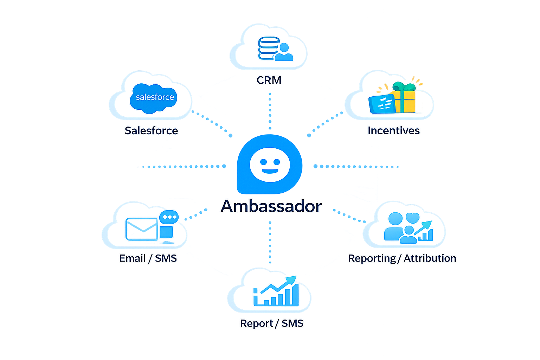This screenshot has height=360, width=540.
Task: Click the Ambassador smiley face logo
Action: [x=270, y=165]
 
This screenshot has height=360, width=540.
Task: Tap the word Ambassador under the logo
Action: [x=271, y=206]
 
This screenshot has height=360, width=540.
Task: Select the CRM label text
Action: [x=269, y=80]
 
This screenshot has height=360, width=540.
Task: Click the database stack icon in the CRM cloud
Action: [x=268, y=48]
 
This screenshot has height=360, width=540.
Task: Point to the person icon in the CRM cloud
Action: [x=284, y=52]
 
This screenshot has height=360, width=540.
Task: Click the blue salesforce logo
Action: [x=154, y=97]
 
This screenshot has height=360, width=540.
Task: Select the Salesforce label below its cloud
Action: [x=151, y=130]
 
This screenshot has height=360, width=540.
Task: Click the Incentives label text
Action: [x=393, y=130]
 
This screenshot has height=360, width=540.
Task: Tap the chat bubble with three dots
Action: [x=169, y=217]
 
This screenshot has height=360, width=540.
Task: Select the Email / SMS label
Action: [x=148, y=258]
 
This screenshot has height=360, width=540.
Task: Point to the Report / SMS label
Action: [x=271, y=323]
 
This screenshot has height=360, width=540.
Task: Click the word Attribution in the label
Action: [x=430, y=258]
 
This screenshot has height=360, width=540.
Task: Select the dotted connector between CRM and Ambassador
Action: [x=270, y=111]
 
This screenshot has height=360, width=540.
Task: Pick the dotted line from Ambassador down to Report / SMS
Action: [x=270, y=243]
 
